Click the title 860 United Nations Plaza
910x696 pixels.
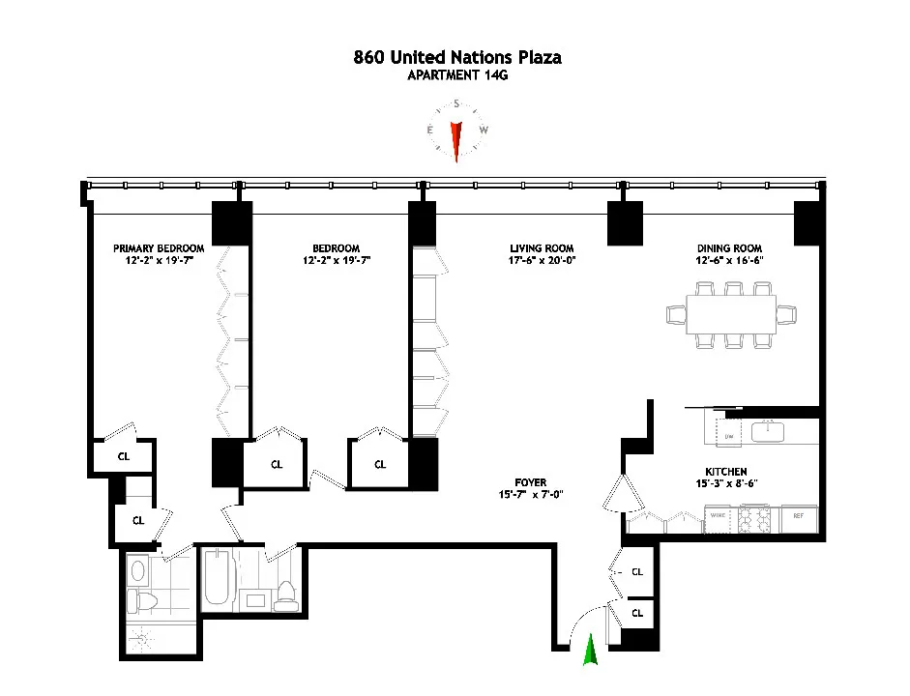456,57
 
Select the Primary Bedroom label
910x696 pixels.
159,247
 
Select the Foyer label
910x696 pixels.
530,482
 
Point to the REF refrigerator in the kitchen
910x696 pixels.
798,517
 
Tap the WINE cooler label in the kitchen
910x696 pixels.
719,517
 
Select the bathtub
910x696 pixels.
217,578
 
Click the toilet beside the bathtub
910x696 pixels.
285,596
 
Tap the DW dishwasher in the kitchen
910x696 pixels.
728,437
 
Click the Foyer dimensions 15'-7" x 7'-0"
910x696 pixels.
530,496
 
